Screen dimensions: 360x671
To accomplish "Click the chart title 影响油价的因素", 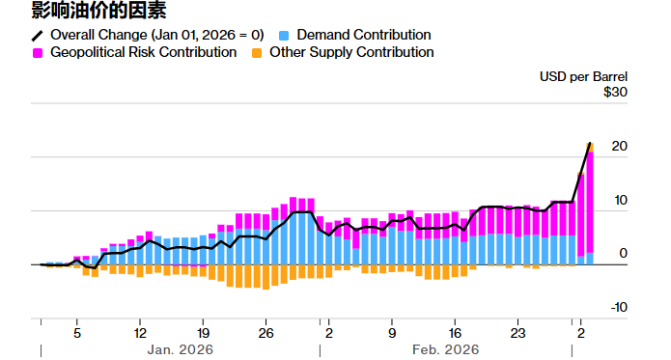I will click(x=84, y=12).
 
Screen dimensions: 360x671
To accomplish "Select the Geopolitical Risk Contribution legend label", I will click(x=143, y=52).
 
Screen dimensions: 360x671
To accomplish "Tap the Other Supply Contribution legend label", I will click(x=351, y=52).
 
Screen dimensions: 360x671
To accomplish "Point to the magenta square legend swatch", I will click(x=38, y=52).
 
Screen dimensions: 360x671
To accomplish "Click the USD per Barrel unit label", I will click(x=583, y=75).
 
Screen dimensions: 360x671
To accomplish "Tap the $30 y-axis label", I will click(x=615, y=92).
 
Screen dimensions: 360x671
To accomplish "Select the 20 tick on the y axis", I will click(x=619, y=147).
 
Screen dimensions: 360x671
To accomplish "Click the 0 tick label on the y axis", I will click(x=623, y=254).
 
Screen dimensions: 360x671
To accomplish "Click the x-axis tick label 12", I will click(x=140, y=328).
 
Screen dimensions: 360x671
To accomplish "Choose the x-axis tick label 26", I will click(x=266, y=328).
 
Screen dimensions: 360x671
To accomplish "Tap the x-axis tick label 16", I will click(x=456, y=328).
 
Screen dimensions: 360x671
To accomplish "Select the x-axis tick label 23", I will click(x=518, y=328).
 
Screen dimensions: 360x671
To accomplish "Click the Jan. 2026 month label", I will click(x=180, y=349).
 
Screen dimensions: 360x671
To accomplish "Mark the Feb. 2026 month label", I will click(x=445, y=349).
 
